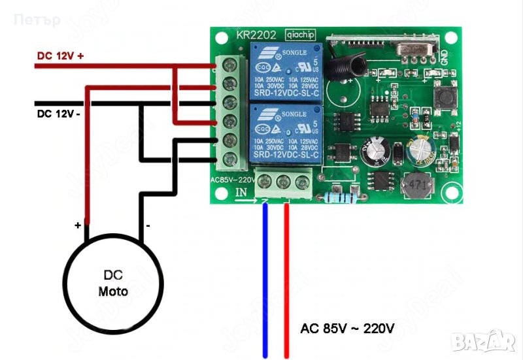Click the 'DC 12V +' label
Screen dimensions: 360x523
[x=61, y=56]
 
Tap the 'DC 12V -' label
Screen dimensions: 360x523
[x=59, y=114]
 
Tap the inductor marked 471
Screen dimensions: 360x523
[x=414, y=186]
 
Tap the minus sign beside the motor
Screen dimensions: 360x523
[x=149, y=225]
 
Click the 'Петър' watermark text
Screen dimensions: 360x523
[x=37, y=20]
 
